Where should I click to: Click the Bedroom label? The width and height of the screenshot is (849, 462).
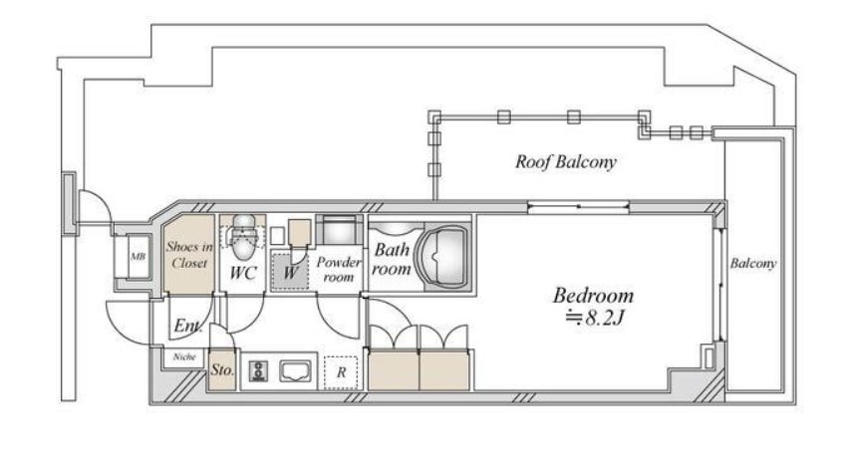point(593,296)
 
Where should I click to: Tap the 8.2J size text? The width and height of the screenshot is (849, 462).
point(595,318)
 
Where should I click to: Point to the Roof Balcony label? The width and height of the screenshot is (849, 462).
point(565,161)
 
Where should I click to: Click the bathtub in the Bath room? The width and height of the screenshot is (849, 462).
point(446,257)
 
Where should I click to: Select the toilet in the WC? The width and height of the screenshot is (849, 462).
point(243,236)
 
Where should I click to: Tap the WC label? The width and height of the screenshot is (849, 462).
point(242,273)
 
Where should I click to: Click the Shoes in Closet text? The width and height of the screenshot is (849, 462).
point(189,255)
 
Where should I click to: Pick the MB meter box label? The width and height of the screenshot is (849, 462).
point(138,257)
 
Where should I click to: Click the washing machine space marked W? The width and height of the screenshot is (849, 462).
point(290,271)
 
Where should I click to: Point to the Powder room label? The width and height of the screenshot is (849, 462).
point(339,270)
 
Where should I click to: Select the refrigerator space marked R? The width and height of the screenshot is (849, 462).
point(341,372)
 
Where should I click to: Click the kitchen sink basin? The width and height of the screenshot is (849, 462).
point(295,371)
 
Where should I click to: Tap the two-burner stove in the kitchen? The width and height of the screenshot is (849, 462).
point(258,371)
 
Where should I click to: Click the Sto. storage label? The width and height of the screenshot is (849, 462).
point(222,370)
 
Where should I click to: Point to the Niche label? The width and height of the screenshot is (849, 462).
point(184,357)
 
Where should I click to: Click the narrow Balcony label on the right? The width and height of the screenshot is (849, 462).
point(752,264)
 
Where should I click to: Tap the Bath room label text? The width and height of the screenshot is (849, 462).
point(392,259)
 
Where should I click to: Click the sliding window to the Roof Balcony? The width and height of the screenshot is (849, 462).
point(578,206)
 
